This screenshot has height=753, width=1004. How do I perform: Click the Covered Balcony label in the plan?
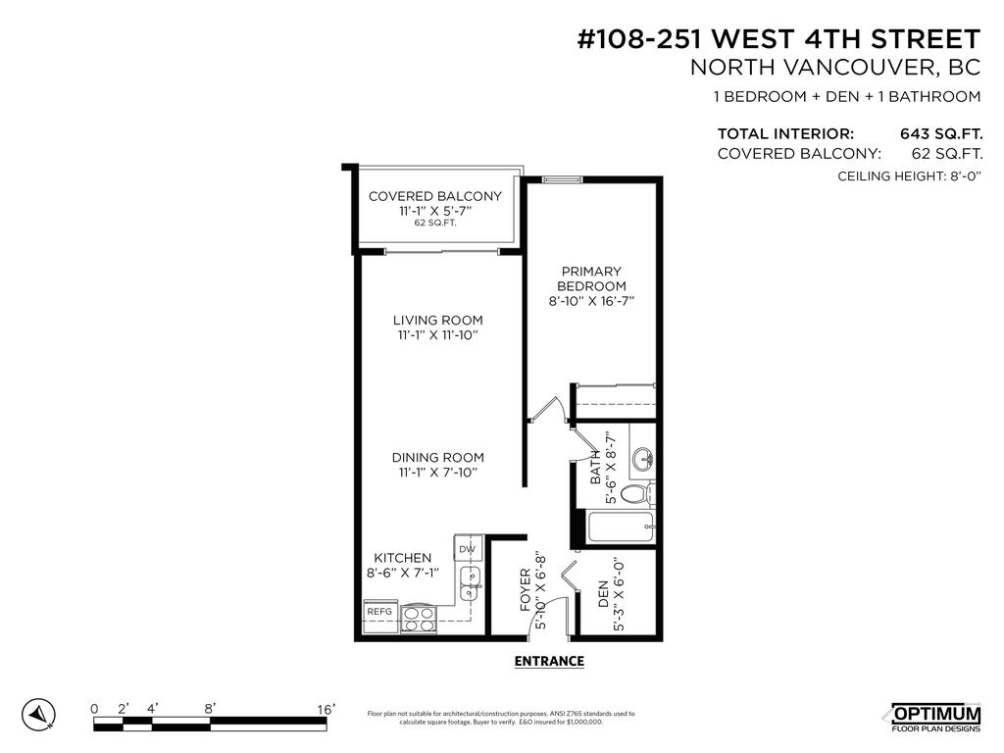(x=434, y=196)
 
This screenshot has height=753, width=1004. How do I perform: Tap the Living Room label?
(x=437, y=321)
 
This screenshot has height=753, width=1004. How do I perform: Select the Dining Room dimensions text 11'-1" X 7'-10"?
(x=437, y=473)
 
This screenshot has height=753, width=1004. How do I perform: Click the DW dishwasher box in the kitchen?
(x=468, y=549)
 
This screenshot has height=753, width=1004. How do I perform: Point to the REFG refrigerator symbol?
(x=379, y=612)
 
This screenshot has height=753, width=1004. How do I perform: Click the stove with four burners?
(x=420, y=618)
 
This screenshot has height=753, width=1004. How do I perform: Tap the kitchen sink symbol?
(x=471, y=583)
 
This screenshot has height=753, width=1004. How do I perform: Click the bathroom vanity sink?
(x=642, y=458)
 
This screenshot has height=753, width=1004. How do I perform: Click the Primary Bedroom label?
(x=590, y=278)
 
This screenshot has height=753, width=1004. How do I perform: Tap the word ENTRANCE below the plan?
(x=549, y=662)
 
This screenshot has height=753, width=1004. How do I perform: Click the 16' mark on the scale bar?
(x=326, y=709)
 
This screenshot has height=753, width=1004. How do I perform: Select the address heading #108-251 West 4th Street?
(x=778, y=39)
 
